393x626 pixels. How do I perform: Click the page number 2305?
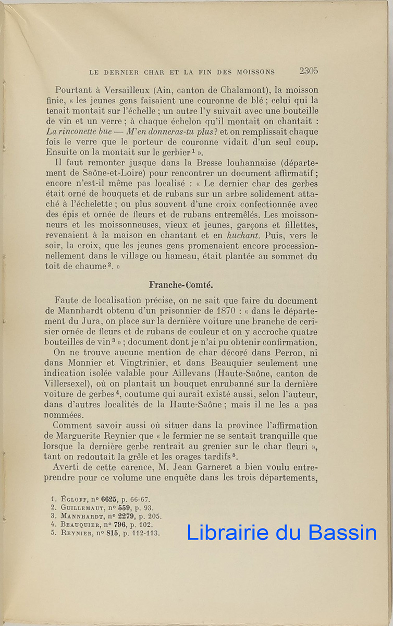(x=309, y=71)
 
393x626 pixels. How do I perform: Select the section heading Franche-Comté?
(x=181, y=285)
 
